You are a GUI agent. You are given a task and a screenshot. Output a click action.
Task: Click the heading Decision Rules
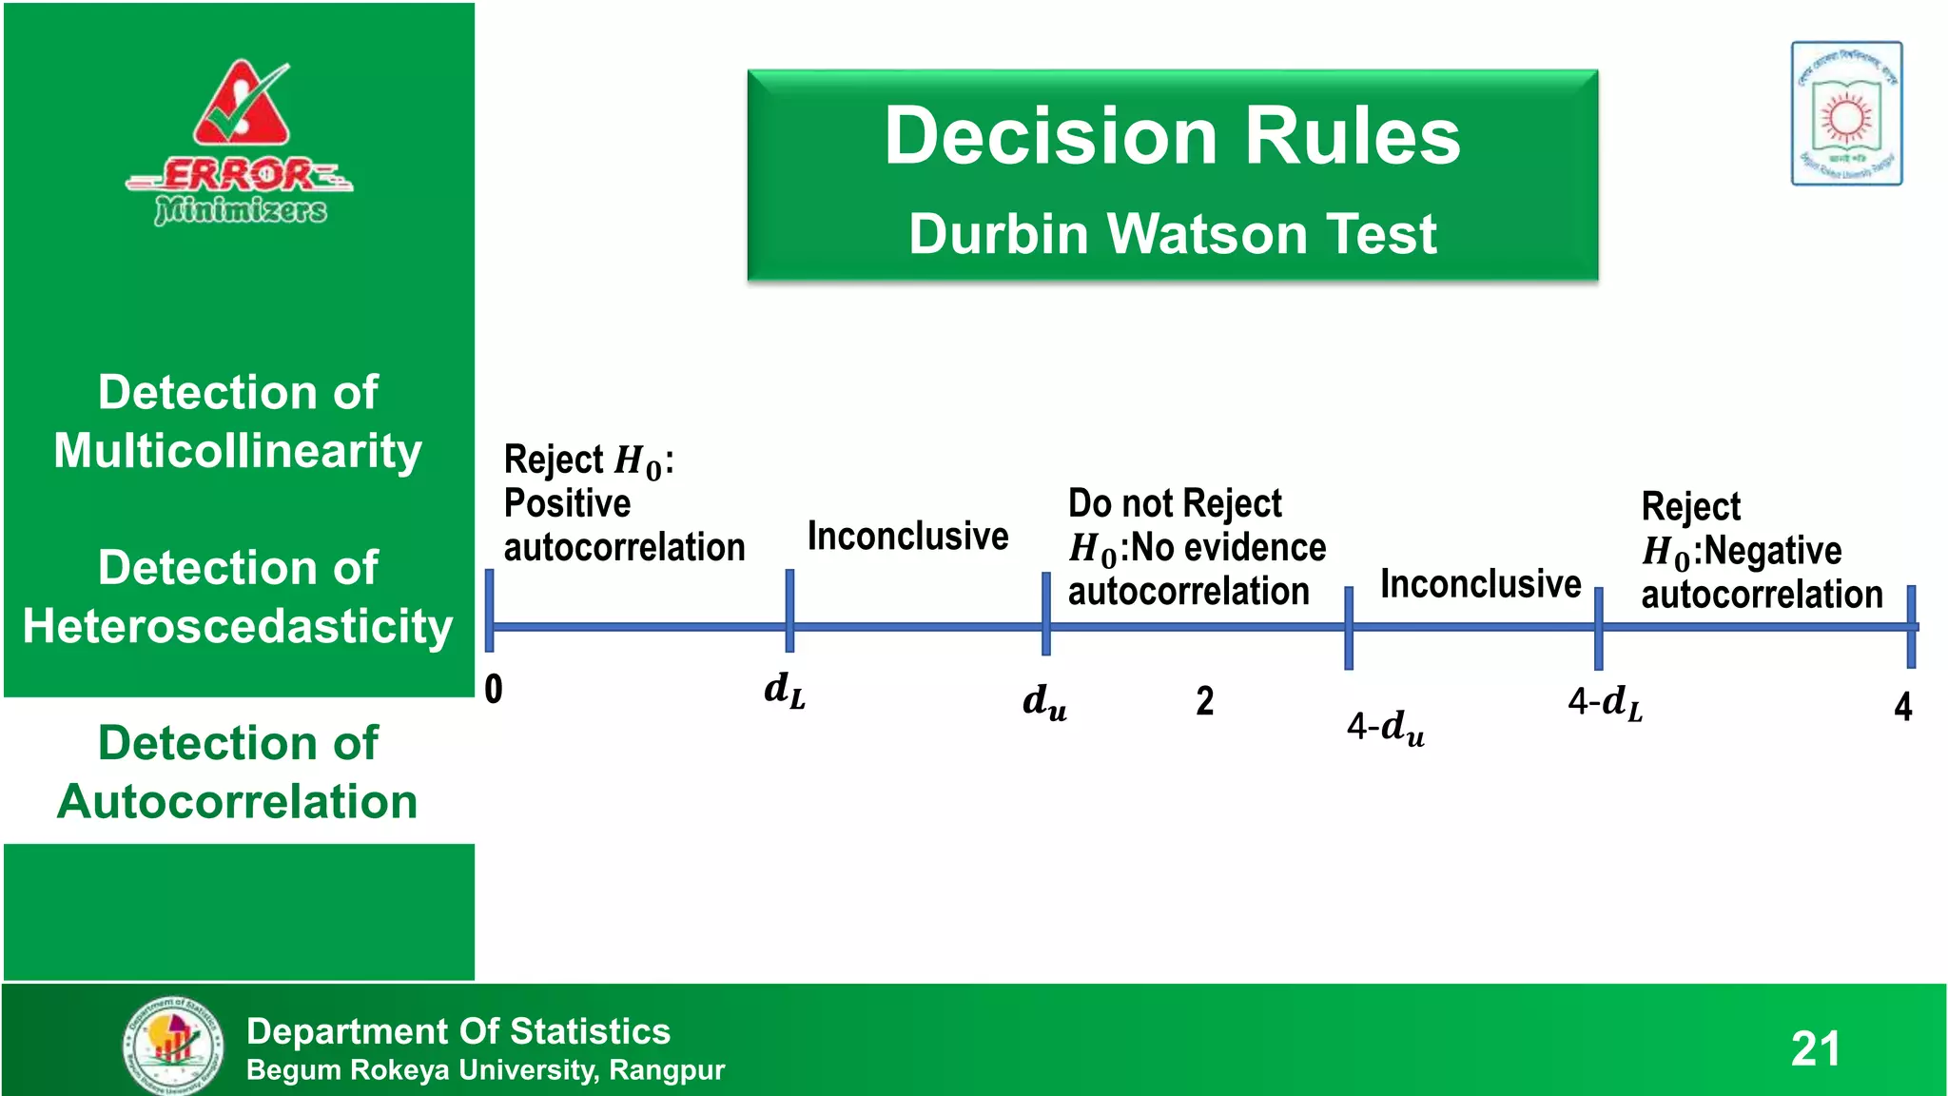pyautogui.click(x=1172, y=136)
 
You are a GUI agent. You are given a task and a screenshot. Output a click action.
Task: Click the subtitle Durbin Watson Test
pyautogui.click(x=1172, y=234)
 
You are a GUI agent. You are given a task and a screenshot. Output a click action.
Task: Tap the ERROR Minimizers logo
pyautogui.click(x=241, y=143)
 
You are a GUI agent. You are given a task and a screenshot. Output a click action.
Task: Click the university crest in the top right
pyautogui.click(x=1846, y=113)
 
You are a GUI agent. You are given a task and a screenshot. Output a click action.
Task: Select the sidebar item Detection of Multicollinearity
pyautogui.click(x=238, y=421)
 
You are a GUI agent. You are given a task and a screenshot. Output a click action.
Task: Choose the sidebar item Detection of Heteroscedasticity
pyautogui.click(x=238, y=597)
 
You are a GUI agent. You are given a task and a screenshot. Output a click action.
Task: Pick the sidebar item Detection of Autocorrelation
pyautogui.click(x=238, y=772)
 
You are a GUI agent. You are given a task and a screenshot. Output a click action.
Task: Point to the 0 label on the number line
pyautogui.click(x=493, y=689)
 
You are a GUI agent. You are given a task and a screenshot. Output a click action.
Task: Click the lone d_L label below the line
pyautogui.click(x=784, y=690)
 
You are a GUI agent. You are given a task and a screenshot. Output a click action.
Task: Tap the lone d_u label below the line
pyautogui.click(x=1044, y=702)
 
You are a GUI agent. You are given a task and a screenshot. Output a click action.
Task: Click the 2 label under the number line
pyautogui.click(x=1204, y=701)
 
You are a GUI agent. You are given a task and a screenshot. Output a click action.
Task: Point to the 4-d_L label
pyautogui.click(x=1605, y=704)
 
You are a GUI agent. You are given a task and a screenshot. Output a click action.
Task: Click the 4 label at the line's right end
pyautogui.click(x=1902, y=707)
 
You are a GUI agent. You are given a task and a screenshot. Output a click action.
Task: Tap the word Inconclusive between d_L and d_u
pyautogui.click(x=907, y=537)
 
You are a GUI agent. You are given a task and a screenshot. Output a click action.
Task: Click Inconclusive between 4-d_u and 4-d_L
pyautogui.click(x=1480, y=584)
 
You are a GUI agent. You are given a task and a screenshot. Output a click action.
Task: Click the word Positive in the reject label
pyautogui.click(x=567, y=503)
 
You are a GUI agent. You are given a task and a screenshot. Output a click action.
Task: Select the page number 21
pyautogui.click(x=1815, y=1048)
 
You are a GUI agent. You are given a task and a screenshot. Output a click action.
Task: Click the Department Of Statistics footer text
pyautogui.click(x=458, y=1031)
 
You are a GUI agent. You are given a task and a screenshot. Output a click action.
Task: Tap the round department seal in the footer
pyautogui.click(x=174, y=1046)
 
